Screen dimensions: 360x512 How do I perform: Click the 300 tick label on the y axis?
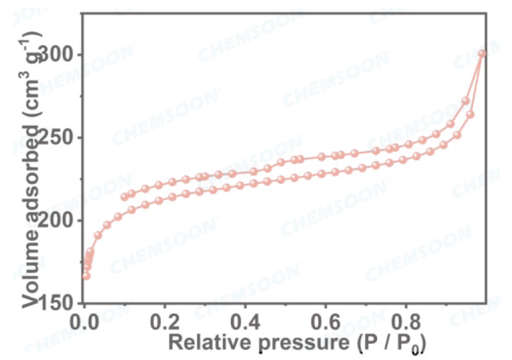point(59,55)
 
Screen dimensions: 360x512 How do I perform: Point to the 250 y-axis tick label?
point(59,138)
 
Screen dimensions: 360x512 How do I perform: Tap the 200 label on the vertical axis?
point(59,221)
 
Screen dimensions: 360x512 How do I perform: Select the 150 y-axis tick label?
point(59,303)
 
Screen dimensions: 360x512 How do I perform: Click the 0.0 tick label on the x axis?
point(85,321)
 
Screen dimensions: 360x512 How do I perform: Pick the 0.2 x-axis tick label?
point(165,321)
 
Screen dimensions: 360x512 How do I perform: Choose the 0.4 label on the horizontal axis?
point(245,321)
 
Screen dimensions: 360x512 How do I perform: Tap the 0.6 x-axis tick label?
point(325,321)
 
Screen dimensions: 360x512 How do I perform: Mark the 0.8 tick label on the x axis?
point(405,321)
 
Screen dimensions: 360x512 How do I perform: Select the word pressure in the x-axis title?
point(289,342)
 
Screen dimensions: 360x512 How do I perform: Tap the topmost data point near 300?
point(482,54)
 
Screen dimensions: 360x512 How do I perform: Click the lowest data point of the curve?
point(86,276)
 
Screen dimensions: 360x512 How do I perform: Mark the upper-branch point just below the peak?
point(466,101)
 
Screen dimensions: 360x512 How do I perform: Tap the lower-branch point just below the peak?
point(470,115)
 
